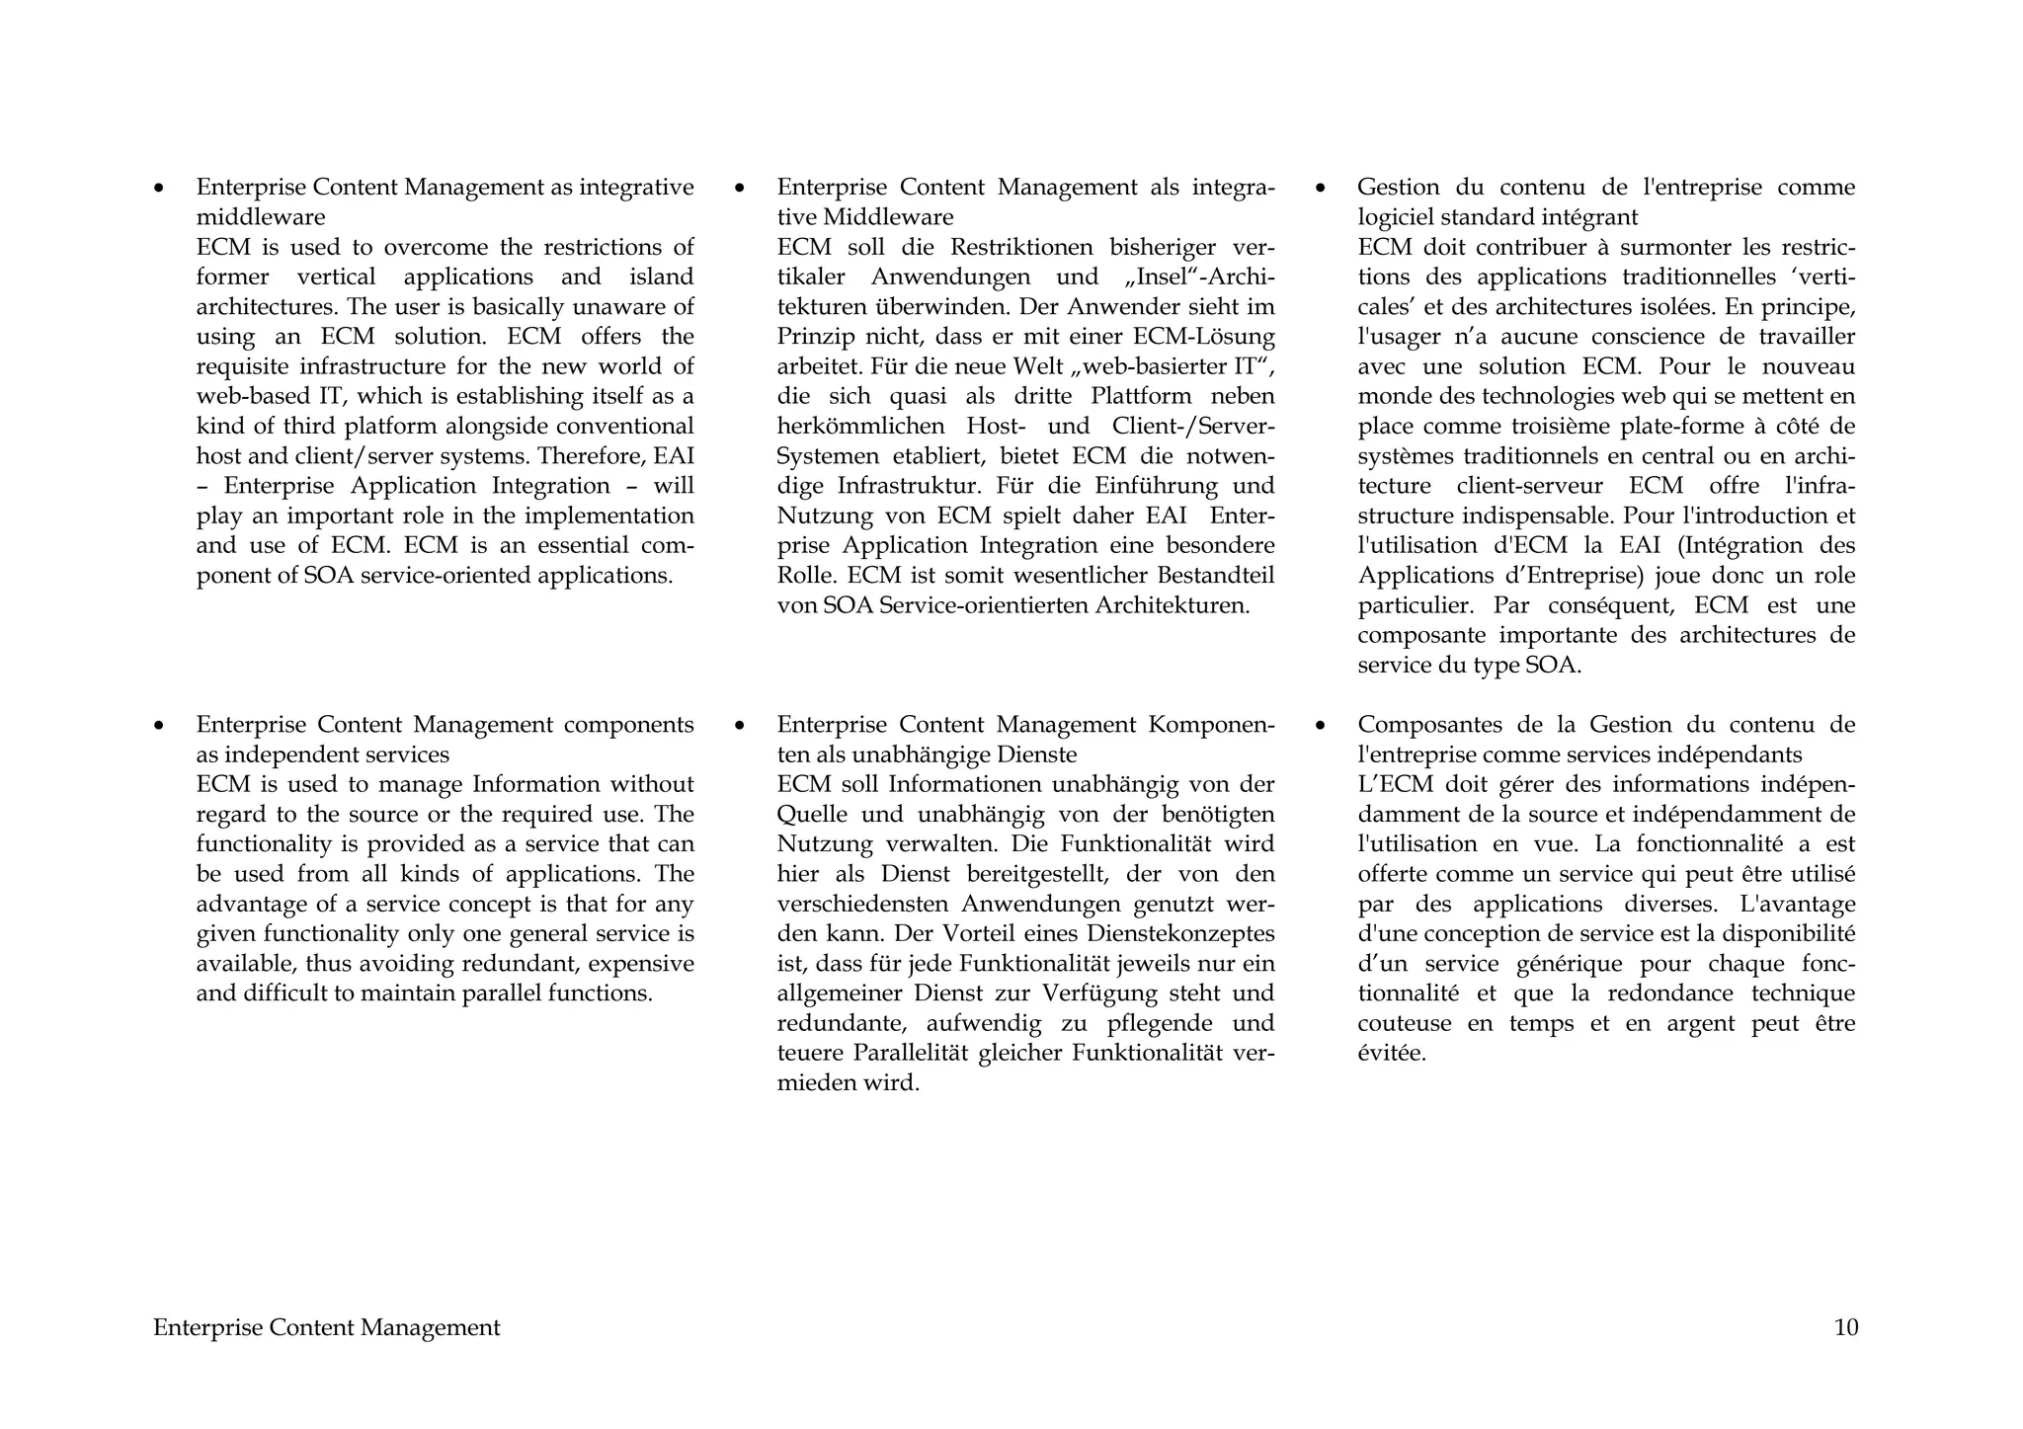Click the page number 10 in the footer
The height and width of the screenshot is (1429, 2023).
[x=1845, y=1327]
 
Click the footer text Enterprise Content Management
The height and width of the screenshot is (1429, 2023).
[x=326, y=1327]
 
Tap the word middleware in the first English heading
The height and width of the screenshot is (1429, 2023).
[x=260, y=217]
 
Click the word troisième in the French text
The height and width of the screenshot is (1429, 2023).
[x=1563, y=427]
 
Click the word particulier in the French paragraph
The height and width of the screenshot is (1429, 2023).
[x=1414, y=605]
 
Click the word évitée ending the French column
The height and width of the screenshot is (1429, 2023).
[x=1391, y=1053]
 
